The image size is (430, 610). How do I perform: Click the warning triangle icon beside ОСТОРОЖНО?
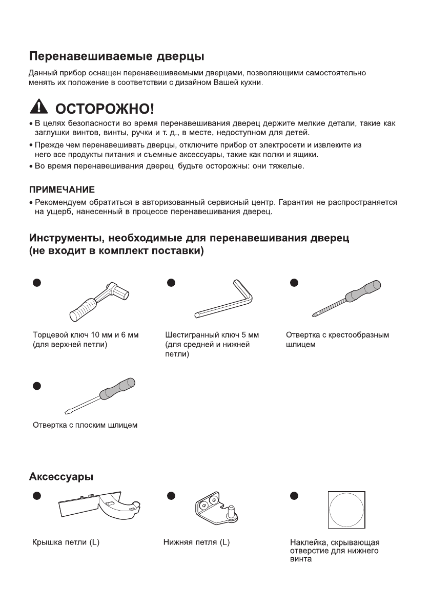coord(39,108)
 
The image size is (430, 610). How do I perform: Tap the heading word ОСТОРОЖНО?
coord(104,109)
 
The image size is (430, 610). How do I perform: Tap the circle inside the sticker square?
coord(346,510)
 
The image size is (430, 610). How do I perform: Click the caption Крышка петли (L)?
coord(66,542)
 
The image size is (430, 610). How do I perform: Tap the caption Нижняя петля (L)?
coord(196,542)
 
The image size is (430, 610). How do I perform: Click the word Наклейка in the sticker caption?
coord(308,542)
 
